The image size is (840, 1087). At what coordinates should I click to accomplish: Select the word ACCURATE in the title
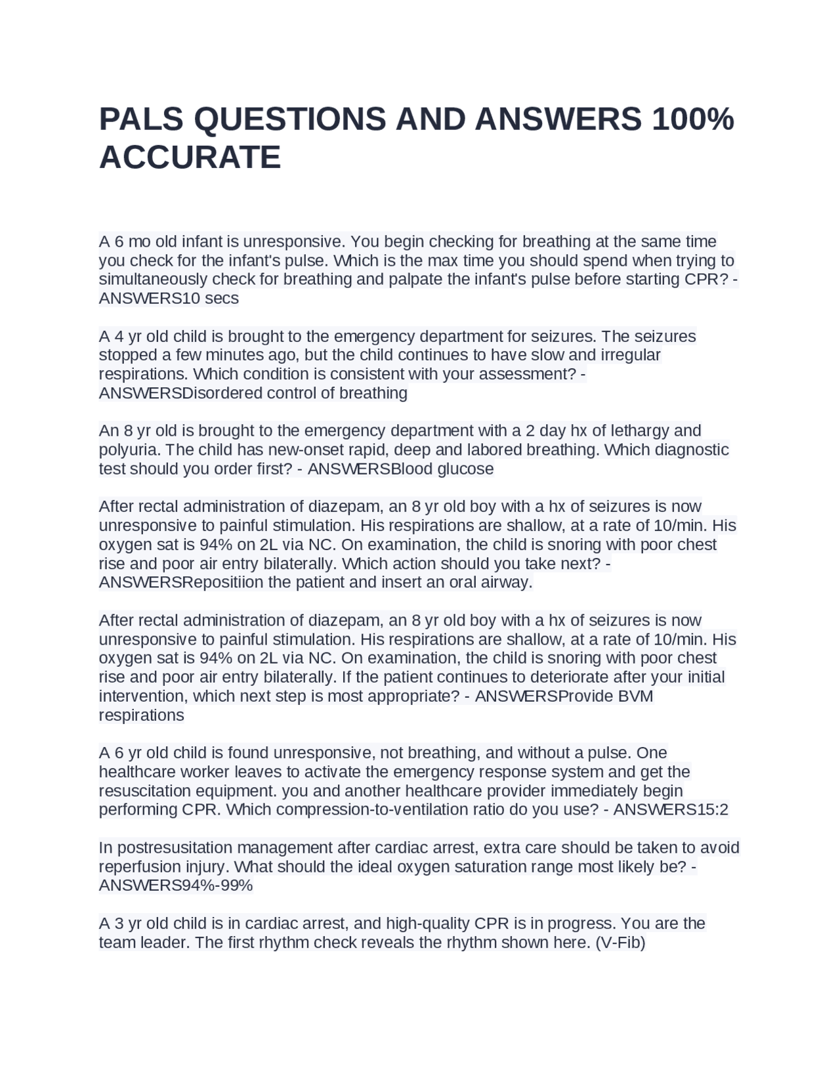coord(190,158)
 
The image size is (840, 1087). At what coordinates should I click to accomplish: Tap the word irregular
coord(631,355)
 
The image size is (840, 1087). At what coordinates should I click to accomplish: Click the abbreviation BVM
coord(636,696)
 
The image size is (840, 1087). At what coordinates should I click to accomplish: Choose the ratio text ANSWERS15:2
coord(671,810)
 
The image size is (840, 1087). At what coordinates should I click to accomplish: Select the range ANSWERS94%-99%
coord(175,886)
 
